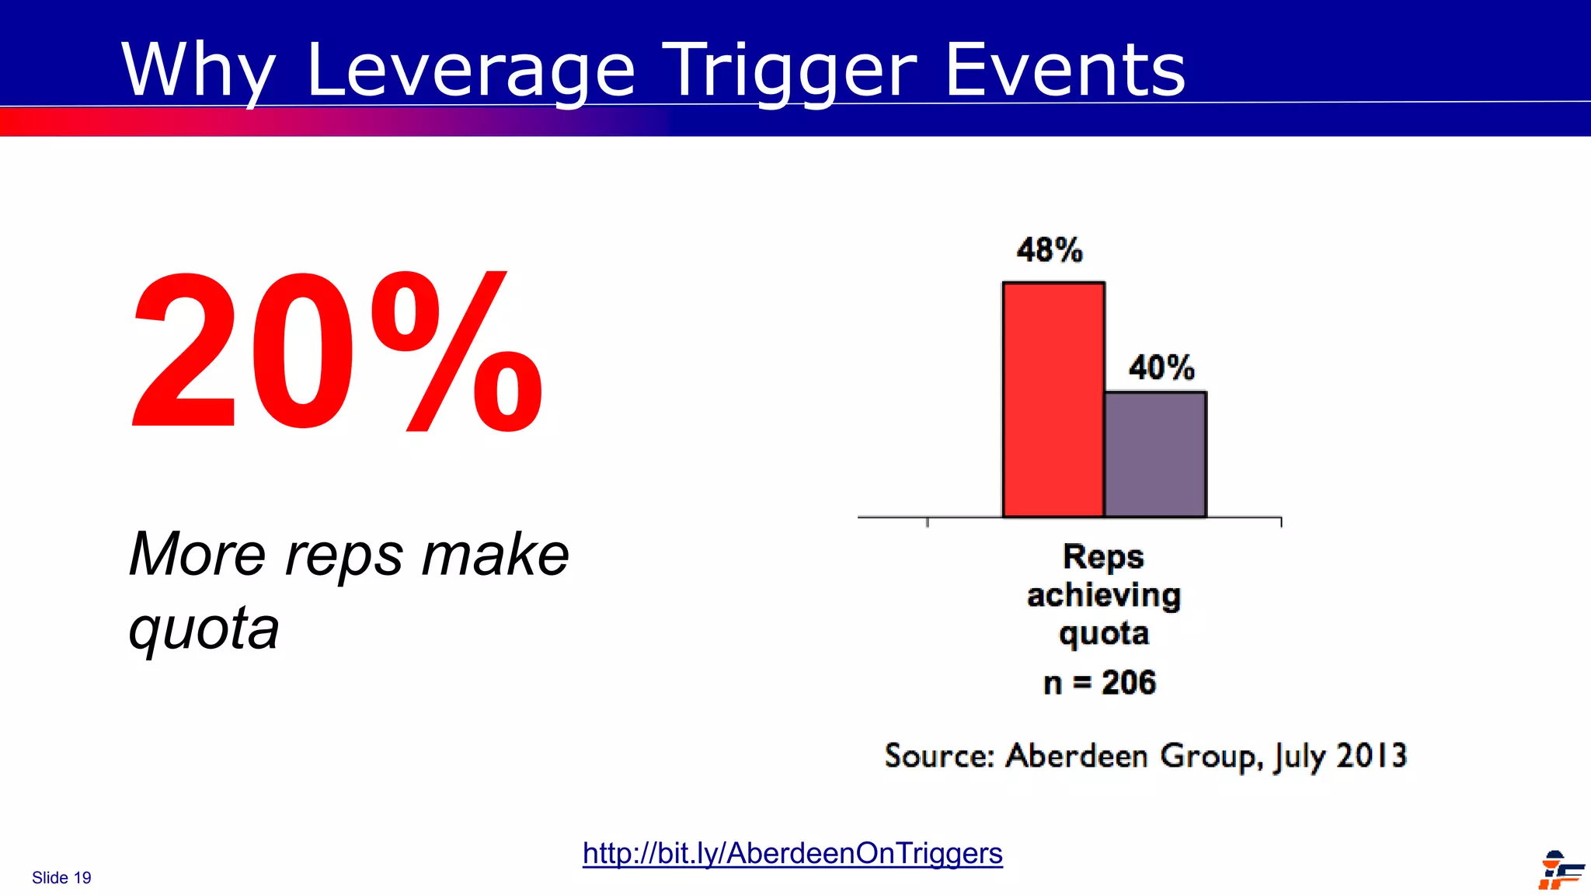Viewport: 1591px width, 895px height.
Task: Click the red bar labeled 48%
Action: tap(1053, 399)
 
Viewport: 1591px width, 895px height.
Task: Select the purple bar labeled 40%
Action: tap(1155, 454)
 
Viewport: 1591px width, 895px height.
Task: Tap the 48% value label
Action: tap(1049, 250)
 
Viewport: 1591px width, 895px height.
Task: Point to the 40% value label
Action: tap(1161, 367)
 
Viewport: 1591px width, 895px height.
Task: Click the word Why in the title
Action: tap(199, 71)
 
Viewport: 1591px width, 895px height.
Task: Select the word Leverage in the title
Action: tap(471, 71)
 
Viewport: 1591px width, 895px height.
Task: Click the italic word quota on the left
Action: tap(204, 628)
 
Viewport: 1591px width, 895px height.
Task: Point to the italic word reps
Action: tap(344, 555)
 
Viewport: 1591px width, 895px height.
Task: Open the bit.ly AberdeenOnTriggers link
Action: tap(792, 853)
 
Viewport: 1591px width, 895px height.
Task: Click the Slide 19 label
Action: tap(61, 878)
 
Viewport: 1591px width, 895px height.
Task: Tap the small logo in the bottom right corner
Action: tap(1560, 870)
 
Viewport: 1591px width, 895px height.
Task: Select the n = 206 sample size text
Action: tap(1099, 683)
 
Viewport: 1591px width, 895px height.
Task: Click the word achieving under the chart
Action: tap(1103, 596)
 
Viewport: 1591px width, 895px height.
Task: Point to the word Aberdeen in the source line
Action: tap(1076, 755)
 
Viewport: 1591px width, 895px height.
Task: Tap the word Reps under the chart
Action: tap(1103, 557)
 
